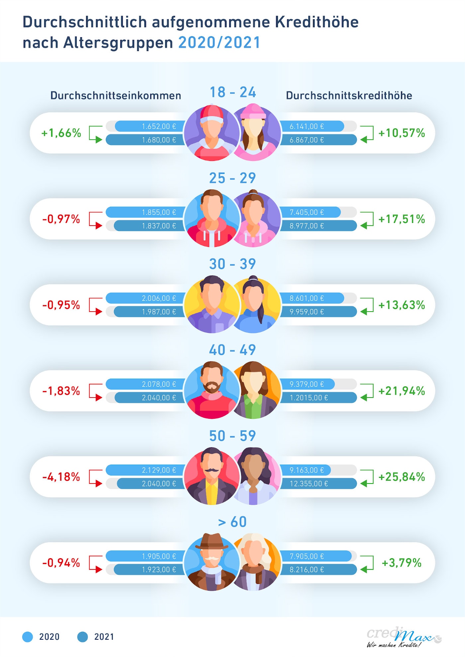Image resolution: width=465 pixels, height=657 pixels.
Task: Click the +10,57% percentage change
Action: [402, 133]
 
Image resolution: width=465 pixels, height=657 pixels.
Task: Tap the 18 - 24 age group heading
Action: [232, 92]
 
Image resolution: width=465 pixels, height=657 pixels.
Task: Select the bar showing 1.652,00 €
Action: [149, 126]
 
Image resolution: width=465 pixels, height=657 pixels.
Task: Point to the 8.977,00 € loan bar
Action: [318, 226]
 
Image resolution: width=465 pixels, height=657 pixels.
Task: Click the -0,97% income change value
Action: [61, 219]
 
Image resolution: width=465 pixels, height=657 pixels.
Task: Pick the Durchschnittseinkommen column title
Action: [116, 96]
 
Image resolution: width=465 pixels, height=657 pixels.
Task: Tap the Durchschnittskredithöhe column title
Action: [349, 96]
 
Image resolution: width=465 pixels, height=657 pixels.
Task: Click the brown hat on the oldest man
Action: [212, 541]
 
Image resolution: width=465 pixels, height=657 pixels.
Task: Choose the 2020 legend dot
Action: [28, 637]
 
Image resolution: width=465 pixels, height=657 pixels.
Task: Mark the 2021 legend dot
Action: [82, 637]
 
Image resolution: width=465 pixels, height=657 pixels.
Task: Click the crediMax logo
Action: [404, 637]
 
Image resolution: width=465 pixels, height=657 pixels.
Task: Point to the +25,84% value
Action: [402, 477]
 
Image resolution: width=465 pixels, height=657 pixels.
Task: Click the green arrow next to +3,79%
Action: [367, 564]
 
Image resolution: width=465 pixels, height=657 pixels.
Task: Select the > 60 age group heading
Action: [232, 522]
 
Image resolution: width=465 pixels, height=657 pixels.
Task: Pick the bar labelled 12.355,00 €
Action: [318, 483]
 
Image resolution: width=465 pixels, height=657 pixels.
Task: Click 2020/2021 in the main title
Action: [219, 43]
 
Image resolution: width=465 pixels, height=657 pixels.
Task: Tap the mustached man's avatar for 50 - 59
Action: [211, 476]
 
